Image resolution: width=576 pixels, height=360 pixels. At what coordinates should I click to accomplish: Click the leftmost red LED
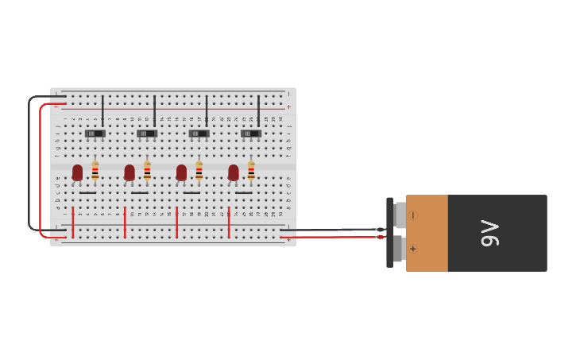point(77,172)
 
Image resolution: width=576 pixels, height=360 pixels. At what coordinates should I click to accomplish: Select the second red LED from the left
point(130,172)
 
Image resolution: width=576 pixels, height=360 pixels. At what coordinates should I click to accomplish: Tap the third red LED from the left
point(181,172)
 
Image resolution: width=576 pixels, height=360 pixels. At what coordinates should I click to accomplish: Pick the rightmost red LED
point(234,172)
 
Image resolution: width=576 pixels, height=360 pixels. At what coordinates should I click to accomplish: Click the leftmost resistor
point(95,170)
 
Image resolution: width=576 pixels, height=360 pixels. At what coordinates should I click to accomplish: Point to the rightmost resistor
point(251,170)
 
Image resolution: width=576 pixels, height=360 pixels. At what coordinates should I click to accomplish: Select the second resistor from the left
point(147,170)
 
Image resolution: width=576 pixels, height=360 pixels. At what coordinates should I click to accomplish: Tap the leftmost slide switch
point(95,134)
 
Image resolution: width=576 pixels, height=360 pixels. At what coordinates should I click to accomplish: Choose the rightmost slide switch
point(251,134)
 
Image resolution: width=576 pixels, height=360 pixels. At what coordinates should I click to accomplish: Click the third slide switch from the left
point(199,134)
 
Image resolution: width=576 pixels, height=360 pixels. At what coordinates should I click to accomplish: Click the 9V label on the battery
point(490,233)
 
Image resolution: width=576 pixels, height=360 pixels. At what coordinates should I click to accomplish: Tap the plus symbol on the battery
point(413,249)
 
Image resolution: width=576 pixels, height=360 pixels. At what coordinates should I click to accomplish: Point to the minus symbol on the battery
point(413,215)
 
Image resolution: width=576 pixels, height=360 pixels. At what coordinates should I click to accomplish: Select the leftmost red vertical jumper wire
point(72,222)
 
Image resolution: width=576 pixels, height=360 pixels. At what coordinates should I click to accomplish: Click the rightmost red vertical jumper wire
point(229,222)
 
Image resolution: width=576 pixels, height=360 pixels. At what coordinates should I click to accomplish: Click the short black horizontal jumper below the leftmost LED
point(87,192)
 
